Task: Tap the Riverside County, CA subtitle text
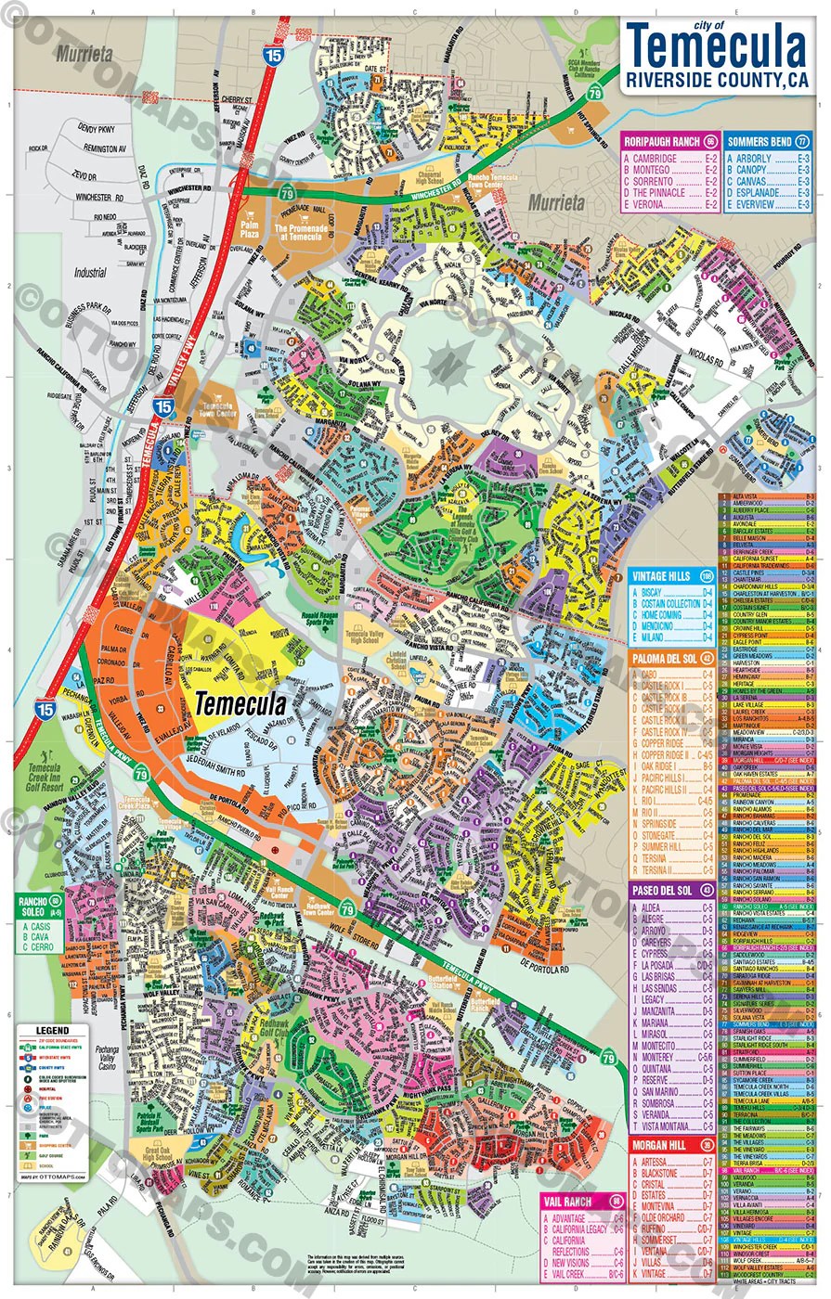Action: click(716, 81)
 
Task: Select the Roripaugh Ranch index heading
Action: click(662, 142)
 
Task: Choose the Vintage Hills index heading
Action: click(661, 576)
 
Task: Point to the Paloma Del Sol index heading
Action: click(661, 658)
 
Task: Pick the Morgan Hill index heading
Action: click(661, 1145)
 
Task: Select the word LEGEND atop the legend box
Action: click(52, 1031)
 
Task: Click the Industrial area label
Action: click(91, 274)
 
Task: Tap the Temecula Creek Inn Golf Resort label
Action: click(44, 776)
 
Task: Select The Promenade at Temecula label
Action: click(300, 233)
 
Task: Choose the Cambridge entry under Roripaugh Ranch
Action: click(655, 160)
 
